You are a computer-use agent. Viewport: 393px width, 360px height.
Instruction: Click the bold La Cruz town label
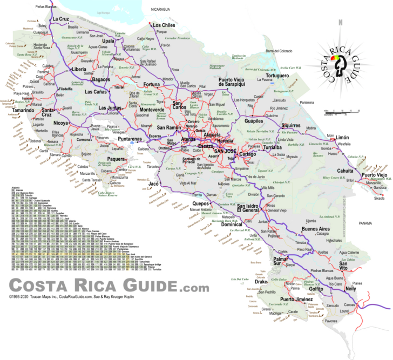click(x=60, y=19)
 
